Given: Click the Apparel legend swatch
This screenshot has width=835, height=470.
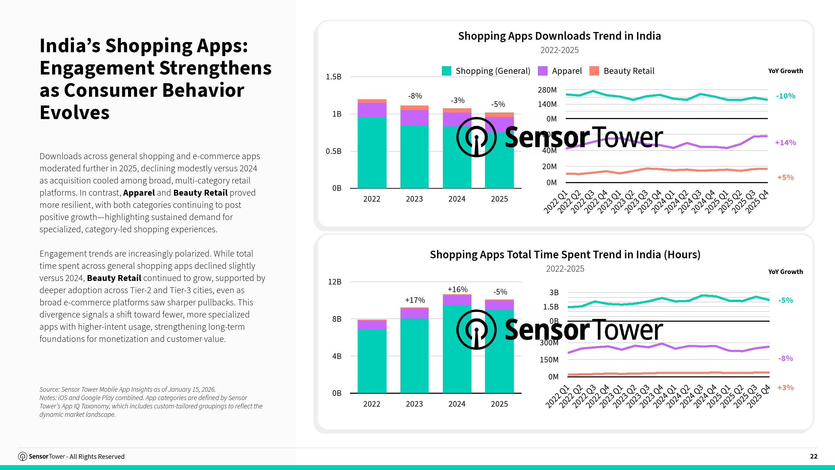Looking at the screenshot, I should [542, 71].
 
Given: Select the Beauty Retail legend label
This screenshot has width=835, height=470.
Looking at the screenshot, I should [629, 71].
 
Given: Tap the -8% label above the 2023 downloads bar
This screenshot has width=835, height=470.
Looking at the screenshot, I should [415, 96].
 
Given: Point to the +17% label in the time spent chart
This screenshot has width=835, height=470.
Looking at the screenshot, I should [415, 300].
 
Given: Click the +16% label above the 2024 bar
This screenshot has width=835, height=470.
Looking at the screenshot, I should [457, 289].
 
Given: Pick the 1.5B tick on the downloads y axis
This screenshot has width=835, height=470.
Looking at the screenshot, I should [333, 77].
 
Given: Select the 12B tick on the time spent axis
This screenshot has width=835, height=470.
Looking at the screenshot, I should [334, 282].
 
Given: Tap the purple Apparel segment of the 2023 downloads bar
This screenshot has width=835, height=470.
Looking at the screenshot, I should [414, 118].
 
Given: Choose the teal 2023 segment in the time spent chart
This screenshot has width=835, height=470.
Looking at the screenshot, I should [414, 355].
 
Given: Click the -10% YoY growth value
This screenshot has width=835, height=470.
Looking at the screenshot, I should [785, 96].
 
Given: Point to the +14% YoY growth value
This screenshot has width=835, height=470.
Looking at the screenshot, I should [785, 142].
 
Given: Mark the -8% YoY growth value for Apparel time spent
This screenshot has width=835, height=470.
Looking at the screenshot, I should [785, 358].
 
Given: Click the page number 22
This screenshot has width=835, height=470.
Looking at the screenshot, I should [813, 456].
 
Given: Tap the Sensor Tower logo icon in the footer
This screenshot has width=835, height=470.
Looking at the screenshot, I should [23, 456].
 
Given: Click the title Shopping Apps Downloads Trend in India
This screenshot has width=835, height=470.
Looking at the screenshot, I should [559, 36].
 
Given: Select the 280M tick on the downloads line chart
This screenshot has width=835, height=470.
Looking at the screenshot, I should [547, 90].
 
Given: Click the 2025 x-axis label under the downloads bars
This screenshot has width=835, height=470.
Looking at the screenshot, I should [499, 199].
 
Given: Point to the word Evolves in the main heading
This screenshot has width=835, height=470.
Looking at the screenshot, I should [74, 112].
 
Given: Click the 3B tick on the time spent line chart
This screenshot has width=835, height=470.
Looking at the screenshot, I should [554, 292].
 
